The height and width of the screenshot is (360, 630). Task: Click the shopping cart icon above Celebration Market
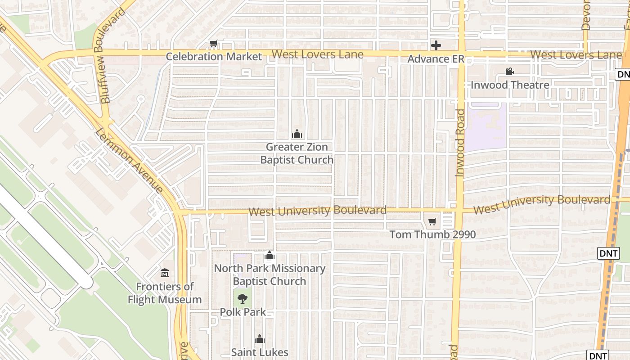[x=214, y=44]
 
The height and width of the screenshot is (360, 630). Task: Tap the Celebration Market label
[x=214, y=57]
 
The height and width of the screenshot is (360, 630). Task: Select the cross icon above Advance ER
[x=436, y=45]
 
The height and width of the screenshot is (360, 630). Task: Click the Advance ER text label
[x=435, y=59]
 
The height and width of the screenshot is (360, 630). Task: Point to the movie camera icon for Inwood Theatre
[x=509, y=72]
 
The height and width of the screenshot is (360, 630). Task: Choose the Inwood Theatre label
[x=510, y=85]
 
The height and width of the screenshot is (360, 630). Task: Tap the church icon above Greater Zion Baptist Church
[x=297, y=134]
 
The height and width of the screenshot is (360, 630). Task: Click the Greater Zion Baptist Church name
[x=297, y=153]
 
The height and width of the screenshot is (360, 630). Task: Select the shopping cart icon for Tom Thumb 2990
[x=432, y=221]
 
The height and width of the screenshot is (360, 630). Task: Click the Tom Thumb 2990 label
[x=432, y=234]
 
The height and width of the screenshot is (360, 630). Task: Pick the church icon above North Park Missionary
[x=270, y=256]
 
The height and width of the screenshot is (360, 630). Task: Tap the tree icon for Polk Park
[x=243, y=298]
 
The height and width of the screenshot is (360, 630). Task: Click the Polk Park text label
[x=243, y=312]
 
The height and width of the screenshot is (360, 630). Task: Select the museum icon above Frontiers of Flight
[x=165, y=273]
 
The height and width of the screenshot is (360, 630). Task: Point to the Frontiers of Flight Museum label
[x=165, y=293]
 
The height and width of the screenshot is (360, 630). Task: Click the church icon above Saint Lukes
[x=260, y=339]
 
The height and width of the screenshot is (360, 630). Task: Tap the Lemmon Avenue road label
[x=130, y=160]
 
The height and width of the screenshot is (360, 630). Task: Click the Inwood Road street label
[x=460, y=143]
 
